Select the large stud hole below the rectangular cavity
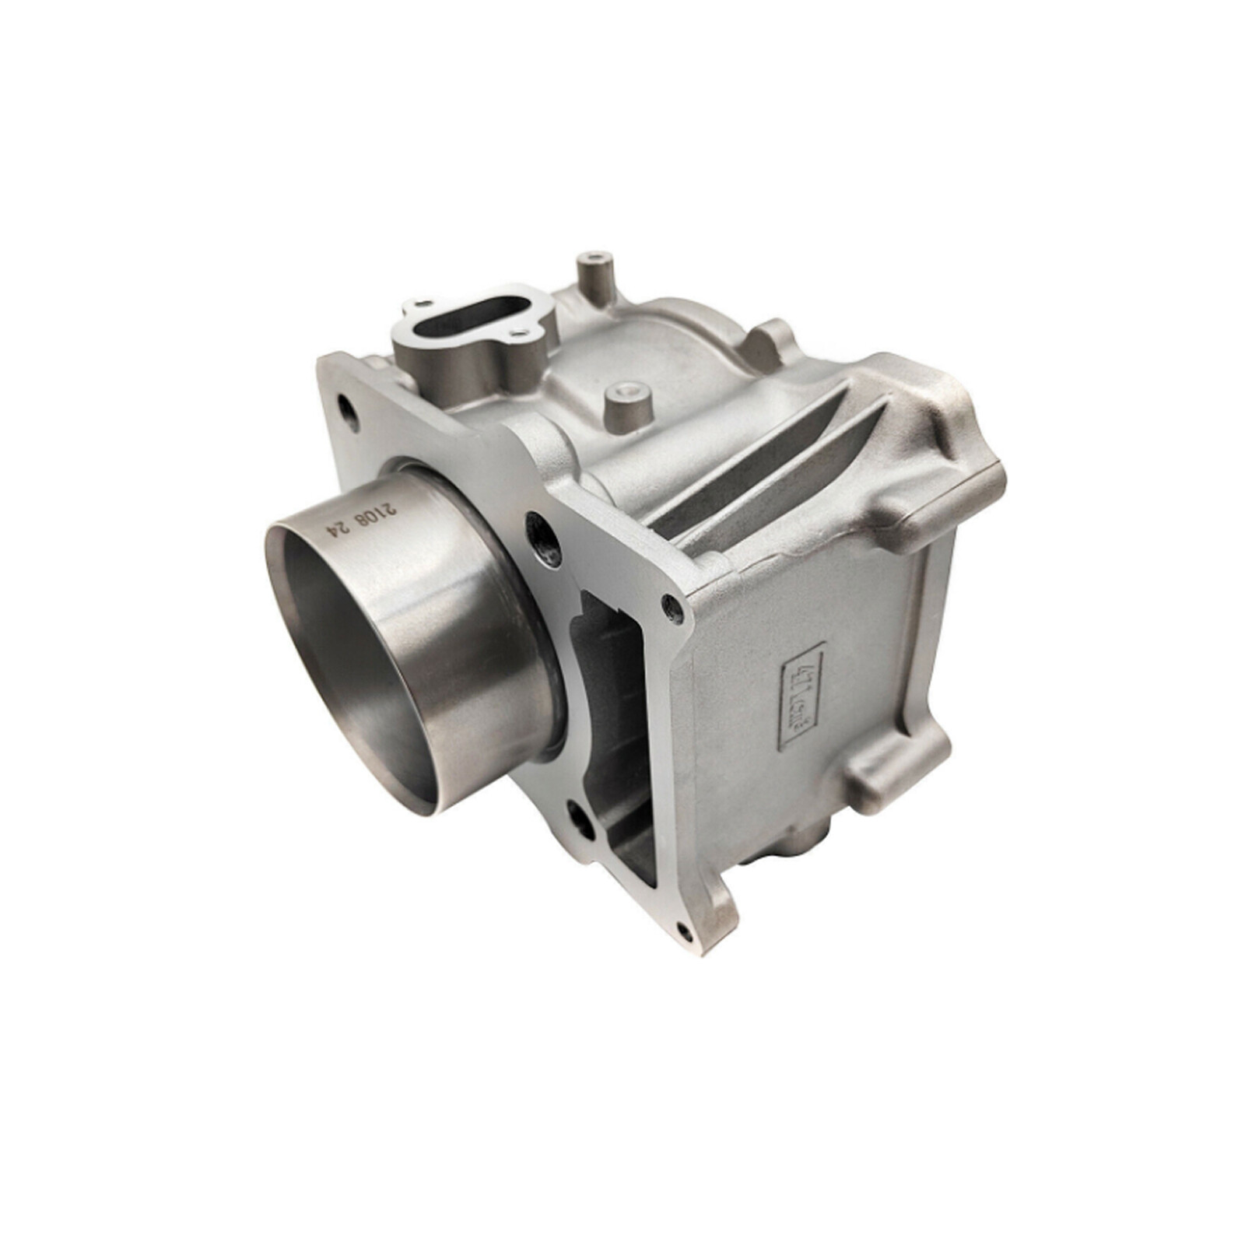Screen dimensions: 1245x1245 581,819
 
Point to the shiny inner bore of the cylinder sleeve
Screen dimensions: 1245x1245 350,661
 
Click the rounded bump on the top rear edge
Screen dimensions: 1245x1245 770,335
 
